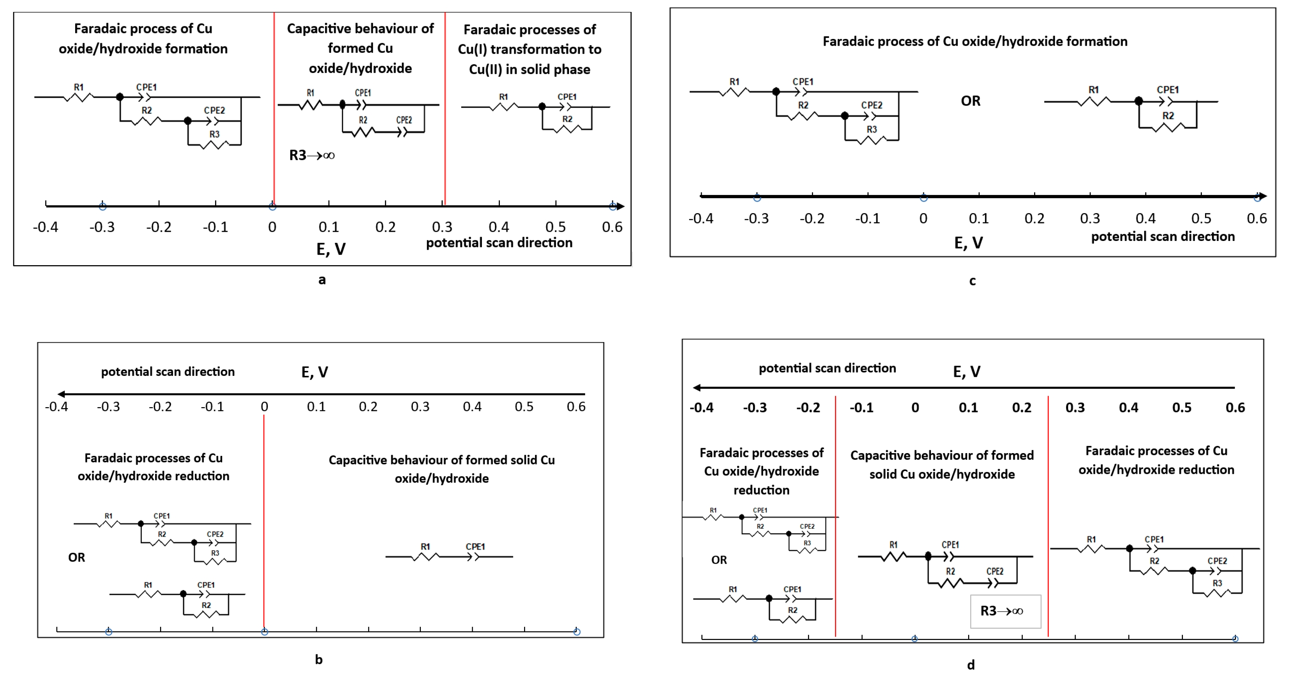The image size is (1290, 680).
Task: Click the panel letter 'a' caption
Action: tap(322, 280)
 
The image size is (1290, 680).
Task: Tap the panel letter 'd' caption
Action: tap(971, 665)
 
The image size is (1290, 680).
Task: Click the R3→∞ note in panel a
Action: tap(311, 155)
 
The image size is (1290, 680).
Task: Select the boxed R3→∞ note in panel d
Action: tap(1001, 611)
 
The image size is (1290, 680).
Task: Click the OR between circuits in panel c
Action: tap(971, 101)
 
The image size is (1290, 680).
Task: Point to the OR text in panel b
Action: tap(77, 557)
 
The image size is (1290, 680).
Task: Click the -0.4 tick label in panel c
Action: tap(701, 218)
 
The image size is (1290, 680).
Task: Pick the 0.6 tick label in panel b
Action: tap(576, 406)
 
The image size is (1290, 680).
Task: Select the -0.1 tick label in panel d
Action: tap(861, 408)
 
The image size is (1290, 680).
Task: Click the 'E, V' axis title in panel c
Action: tap(968, 243)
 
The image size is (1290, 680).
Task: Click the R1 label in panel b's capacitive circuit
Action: tap(425, 546)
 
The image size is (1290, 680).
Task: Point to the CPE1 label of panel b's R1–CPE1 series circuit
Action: tap(475, 546)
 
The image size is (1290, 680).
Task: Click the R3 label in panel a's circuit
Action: tap(214, 134)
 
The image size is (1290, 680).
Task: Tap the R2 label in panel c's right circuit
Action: tap(1168, 116)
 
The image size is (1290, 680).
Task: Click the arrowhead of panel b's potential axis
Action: tap(61, 394)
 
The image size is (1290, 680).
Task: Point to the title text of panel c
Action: tap(974, 41)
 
